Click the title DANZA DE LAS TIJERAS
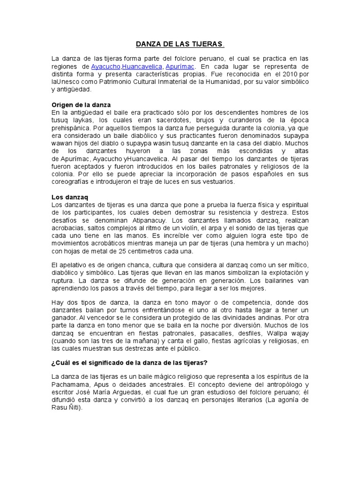tap(180, 45)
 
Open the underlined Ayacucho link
tap(106, 67)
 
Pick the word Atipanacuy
tap(151, 220)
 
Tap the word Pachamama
tap(70, 384)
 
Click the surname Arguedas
tap(174, 392)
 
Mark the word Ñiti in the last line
tap(71, 407)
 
